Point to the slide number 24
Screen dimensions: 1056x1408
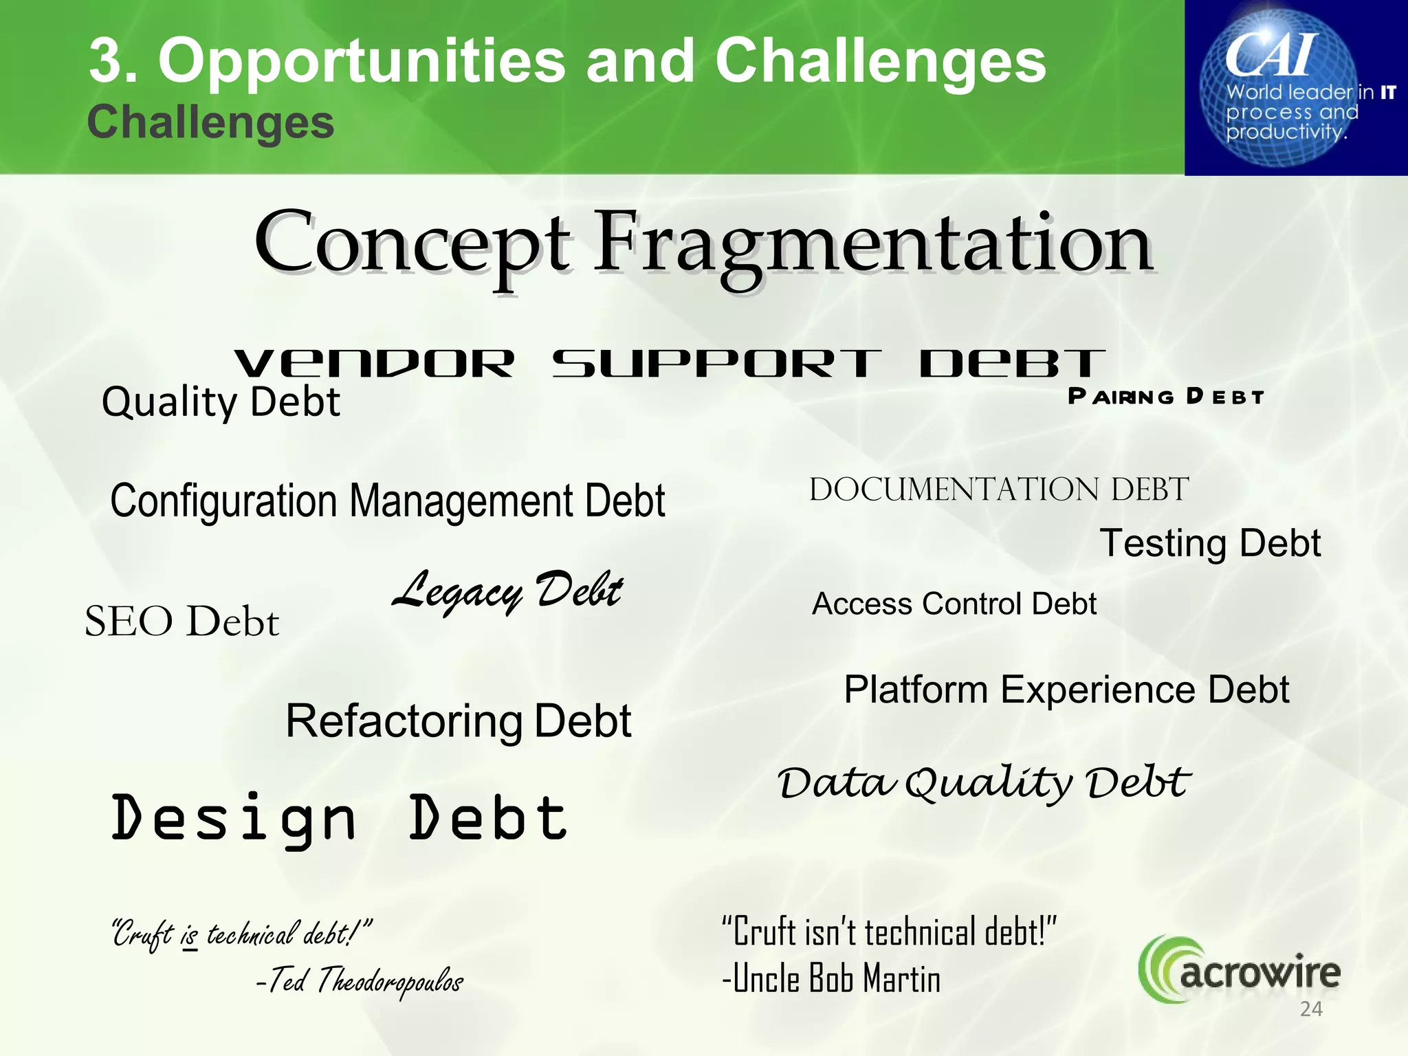(x=1311, y=1009)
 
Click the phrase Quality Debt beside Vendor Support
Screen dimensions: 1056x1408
(x=221, y=401)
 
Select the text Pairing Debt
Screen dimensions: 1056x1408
(x=1166, y=397)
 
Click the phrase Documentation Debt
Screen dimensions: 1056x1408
(x=999, y=489)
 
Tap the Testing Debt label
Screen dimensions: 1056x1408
(x=1210, y=543)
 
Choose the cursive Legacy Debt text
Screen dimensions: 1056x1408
(x=507, y=591)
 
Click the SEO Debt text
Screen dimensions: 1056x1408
(x=181, y=621)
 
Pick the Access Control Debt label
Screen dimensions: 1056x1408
(x=954, y=604)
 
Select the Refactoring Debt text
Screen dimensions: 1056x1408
(x=458, y=721)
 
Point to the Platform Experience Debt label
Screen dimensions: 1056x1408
(x=1066, y=690)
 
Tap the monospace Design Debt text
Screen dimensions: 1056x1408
(x=339, y=818)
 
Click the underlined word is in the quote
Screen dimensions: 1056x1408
(x=190, y=936)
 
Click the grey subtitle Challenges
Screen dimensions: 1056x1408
(x=210, y=122)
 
